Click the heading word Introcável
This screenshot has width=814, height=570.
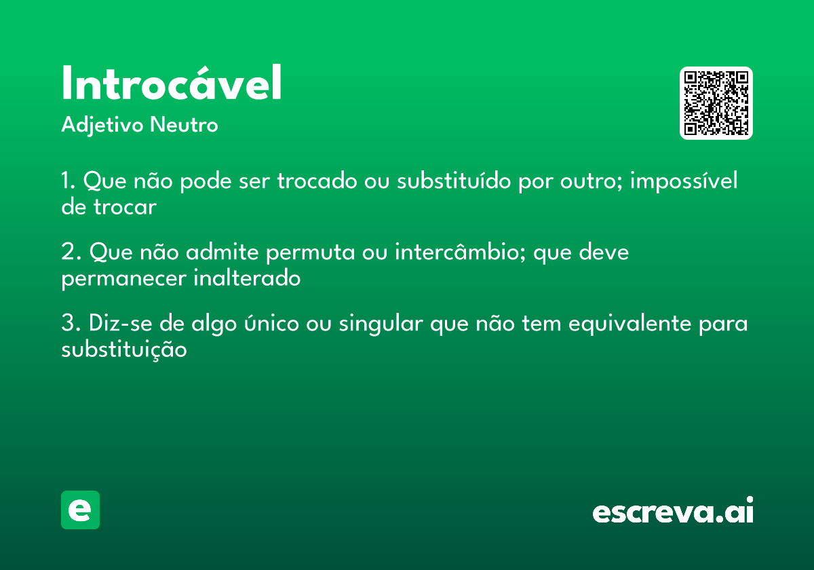pyautogui.click(x=172, y=84)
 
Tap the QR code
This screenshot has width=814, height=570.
pyautogui.click(x=716, y=103)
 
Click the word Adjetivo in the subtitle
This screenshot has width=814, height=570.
pyautogui.click(x=102, y=126)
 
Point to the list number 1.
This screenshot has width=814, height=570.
pyautogui.click(x=68, y=182)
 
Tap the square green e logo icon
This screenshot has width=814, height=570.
pyautogui.click(x=80, y=510)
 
